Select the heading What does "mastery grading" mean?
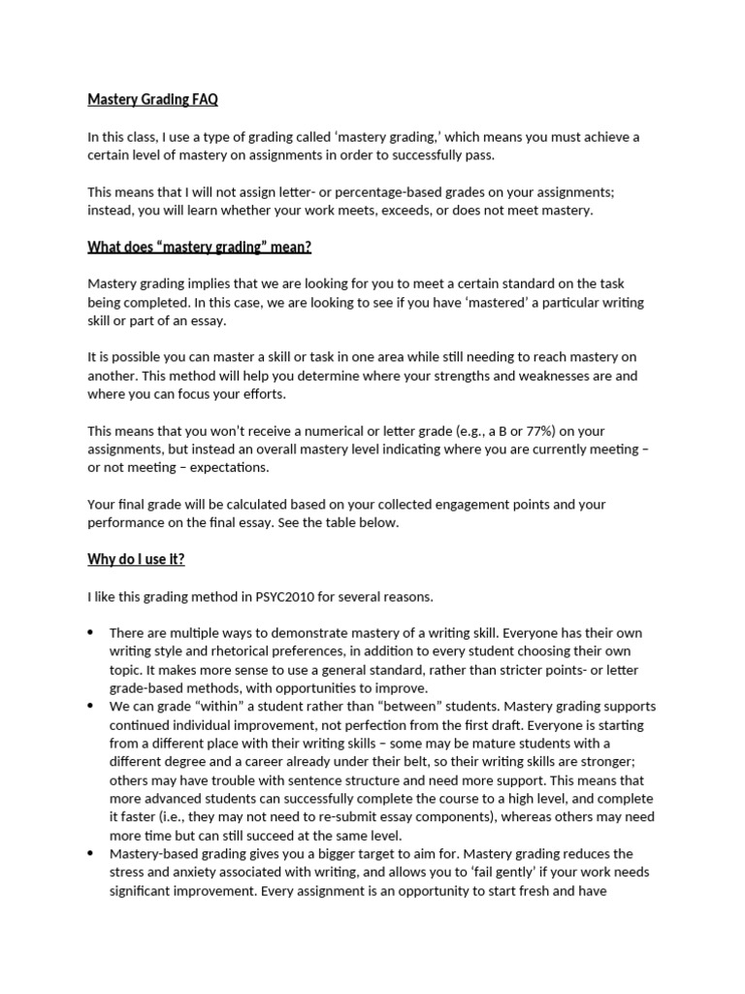coord(200,247)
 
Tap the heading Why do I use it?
coord(136,559)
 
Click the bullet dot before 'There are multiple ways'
coord(91,633)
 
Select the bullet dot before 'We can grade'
coord(91,707)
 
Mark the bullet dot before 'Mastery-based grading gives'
coord(91,854)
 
